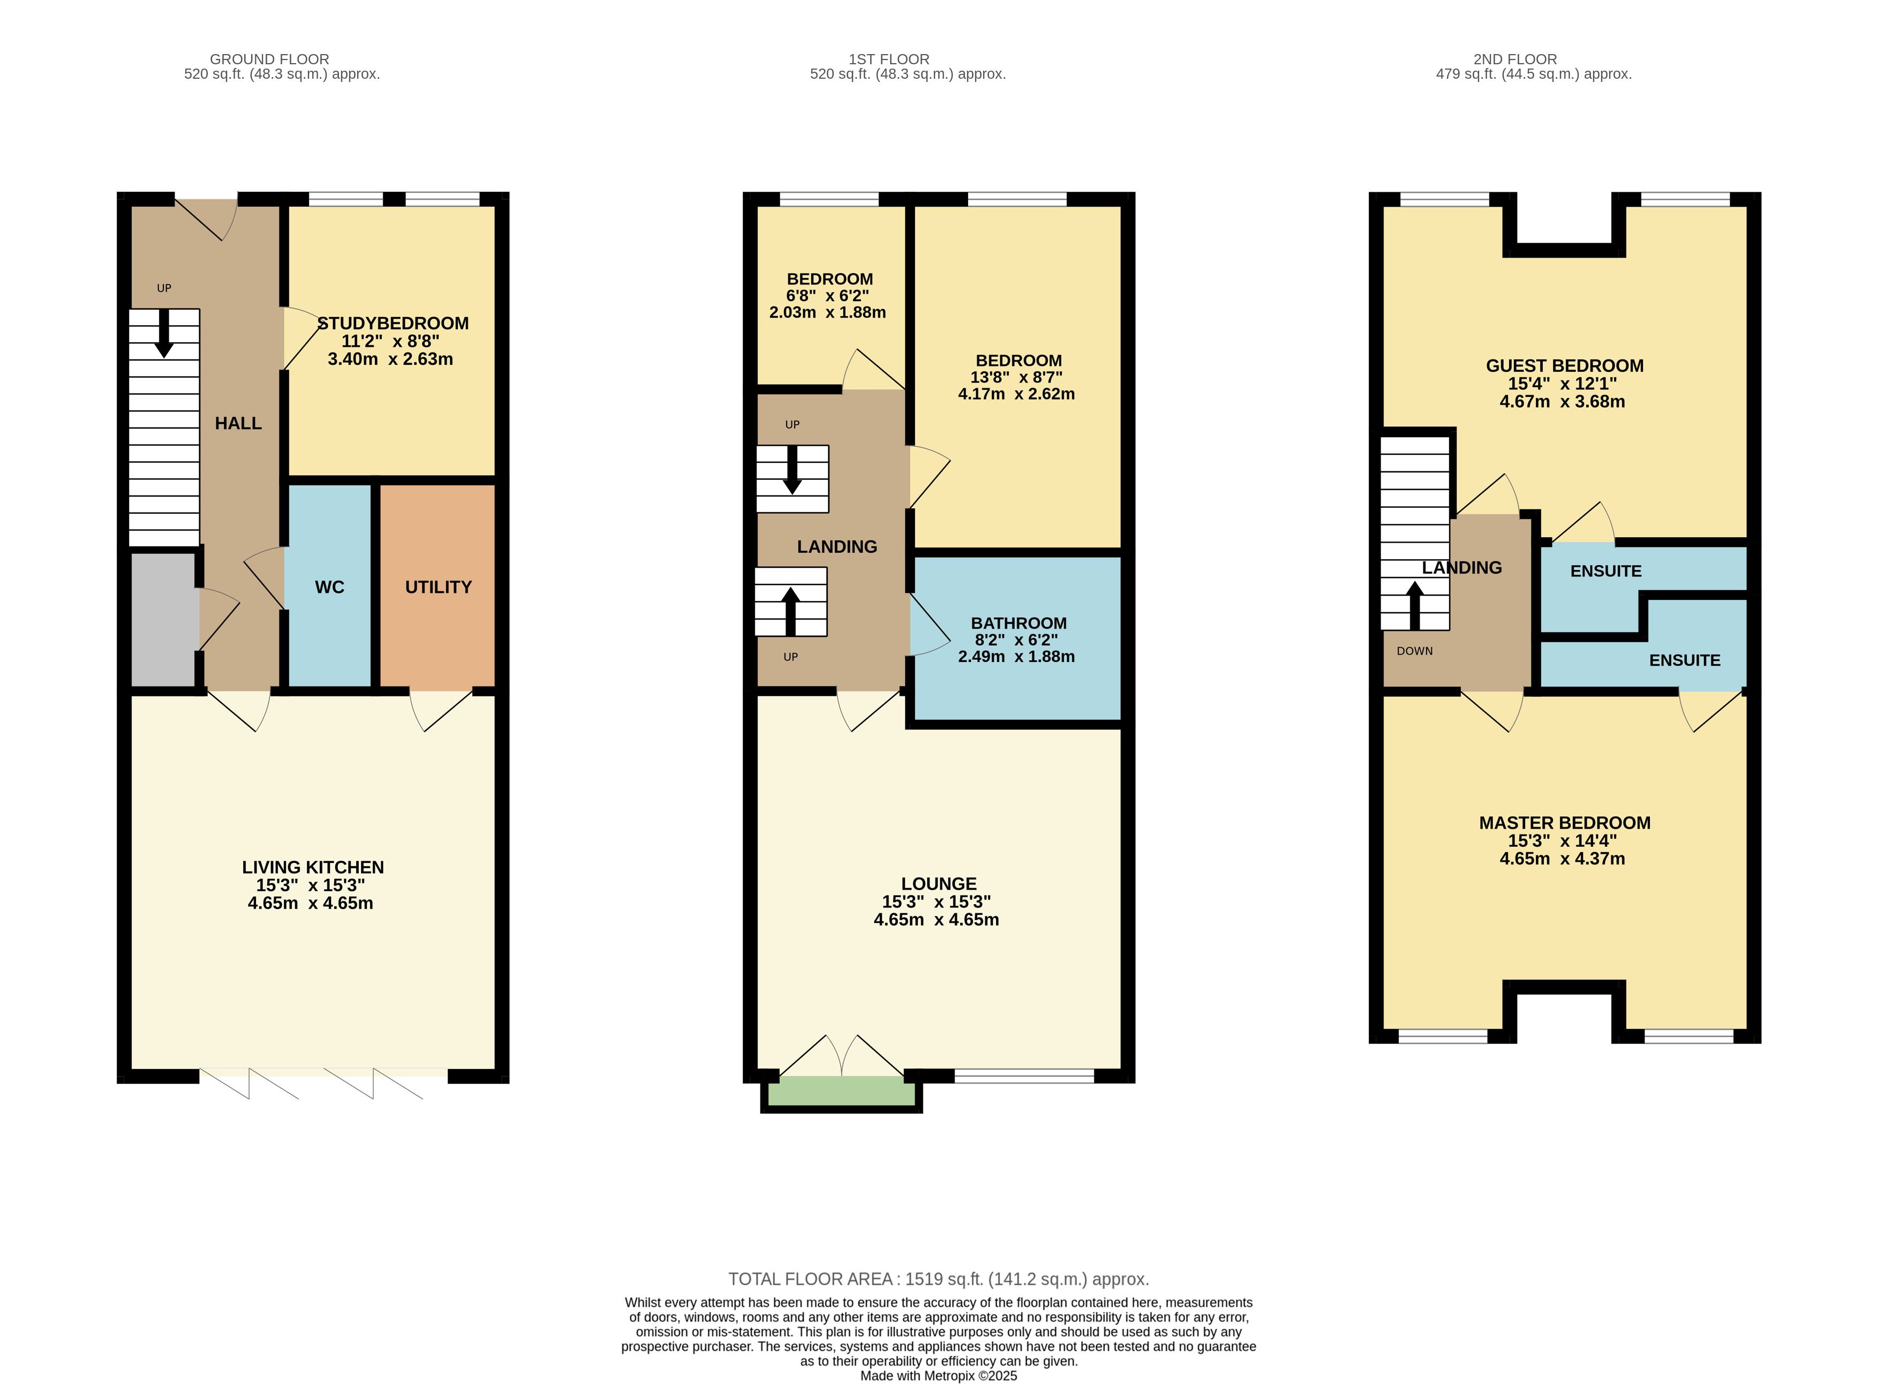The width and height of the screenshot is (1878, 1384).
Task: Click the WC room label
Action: (x=329, y=587)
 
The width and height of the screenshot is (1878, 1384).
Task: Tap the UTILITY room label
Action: (x=438, y=587)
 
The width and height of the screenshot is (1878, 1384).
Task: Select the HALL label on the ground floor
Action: (x=238, y=423)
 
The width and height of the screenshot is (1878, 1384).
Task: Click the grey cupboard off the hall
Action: (x=165, y=620)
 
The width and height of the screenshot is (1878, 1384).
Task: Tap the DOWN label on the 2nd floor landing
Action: (x=1415, y=651)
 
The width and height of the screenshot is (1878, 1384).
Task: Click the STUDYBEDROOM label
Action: (x=393, y=324)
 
